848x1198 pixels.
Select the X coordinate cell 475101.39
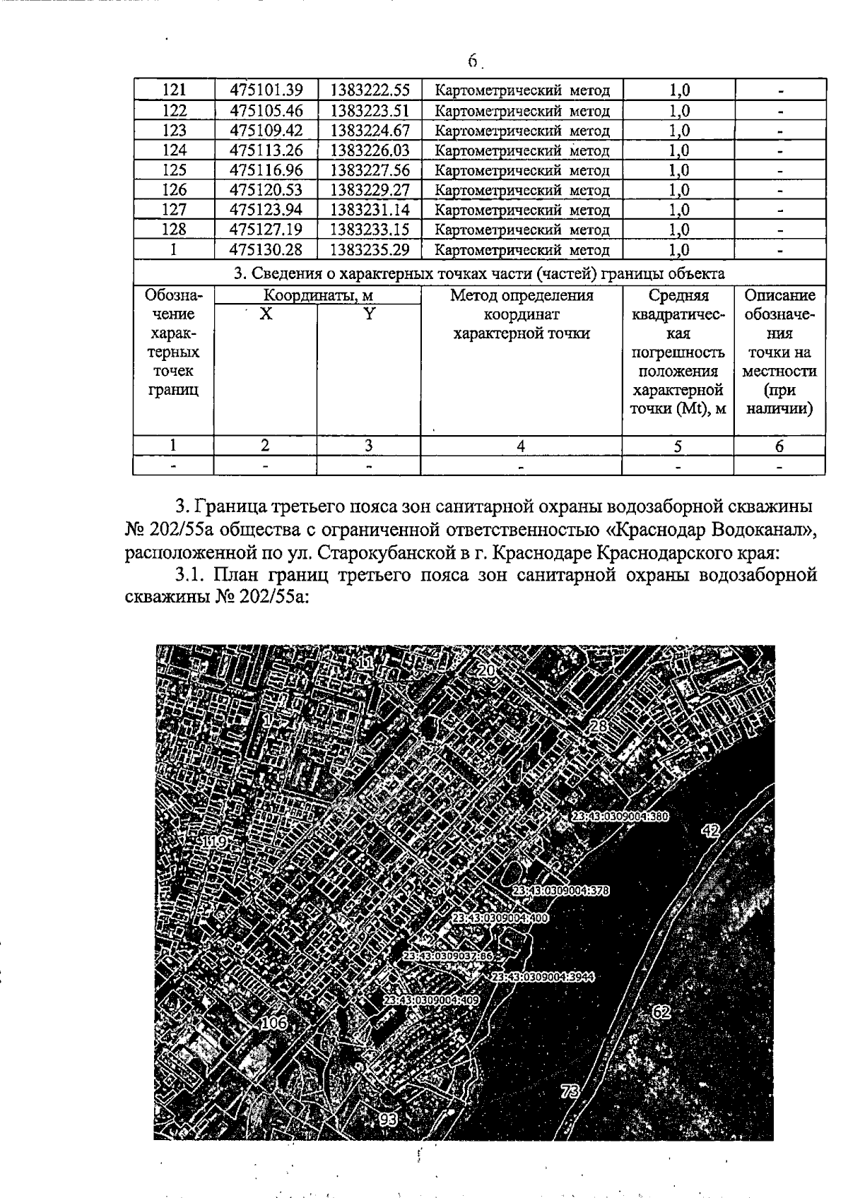pyautogui.click(x=266, y=90)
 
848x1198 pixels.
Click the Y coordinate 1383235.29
pyautogui.click(x=370, y=249)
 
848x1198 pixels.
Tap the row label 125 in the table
pyautogui.click(x=174, y=170)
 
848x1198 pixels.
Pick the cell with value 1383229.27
pyautogui.click(x=370, y=190)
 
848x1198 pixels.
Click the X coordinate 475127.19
pyautogui.click(x=266, y=230)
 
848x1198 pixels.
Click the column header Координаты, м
pyautogui.click(x=318, y=296)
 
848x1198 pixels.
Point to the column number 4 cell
pyautogui.click(x=521, y=446)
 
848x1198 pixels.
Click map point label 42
pyautogui.click(x=709, y=831)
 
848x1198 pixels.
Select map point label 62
pyautogui.click(x=661, y=1012)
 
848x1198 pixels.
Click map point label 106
pyautogui.click(x=274, y=1022)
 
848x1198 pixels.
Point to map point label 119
pyautogui.click(x=214, y=842)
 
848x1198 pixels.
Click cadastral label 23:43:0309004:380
pyautogui.click(x=620, y=816)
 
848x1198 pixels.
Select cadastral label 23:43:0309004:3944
pyautogui.click(x=542, y=977)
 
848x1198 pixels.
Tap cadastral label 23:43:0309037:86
pyautogui.click(x=447, y=956)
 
